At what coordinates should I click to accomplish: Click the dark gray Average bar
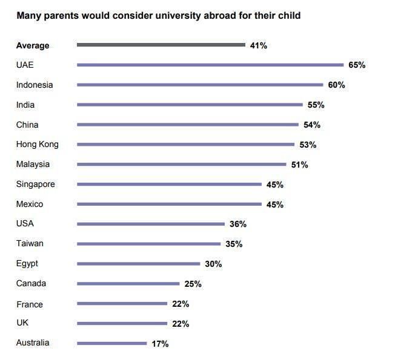point(161,45)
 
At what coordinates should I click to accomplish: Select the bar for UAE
point(210,65)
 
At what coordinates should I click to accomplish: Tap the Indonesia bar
point(200,85)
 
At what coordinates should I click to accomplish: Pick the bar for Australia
point(112,344)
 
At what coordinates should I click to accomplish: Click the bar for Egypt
point(138,264)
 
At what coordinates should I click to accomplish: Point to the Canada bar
point(128,284)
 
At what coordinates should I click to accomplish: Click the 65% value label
point(357,65)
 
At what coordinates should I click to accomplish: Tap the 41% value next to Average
point(259,45)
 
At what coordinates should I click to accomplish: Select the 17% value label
point(160,344)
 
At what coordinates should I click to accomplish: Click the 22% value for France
point(181,304)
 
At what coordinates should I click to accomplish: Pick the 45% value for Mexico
point(275,205)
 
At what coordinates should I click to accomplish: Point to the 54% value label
point(312,125)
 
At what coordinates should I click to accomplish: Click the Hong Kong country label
point(38,144)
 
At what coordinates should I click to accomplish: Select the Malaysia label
point(33,164)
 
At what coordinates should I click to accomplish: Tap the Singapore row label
point(36,184)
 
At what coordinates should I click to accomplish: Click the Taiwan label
point(30,243)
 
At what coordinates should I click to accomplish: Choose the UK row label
point(22,323)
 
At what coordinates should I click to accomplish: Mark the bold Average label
point(33,45)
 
